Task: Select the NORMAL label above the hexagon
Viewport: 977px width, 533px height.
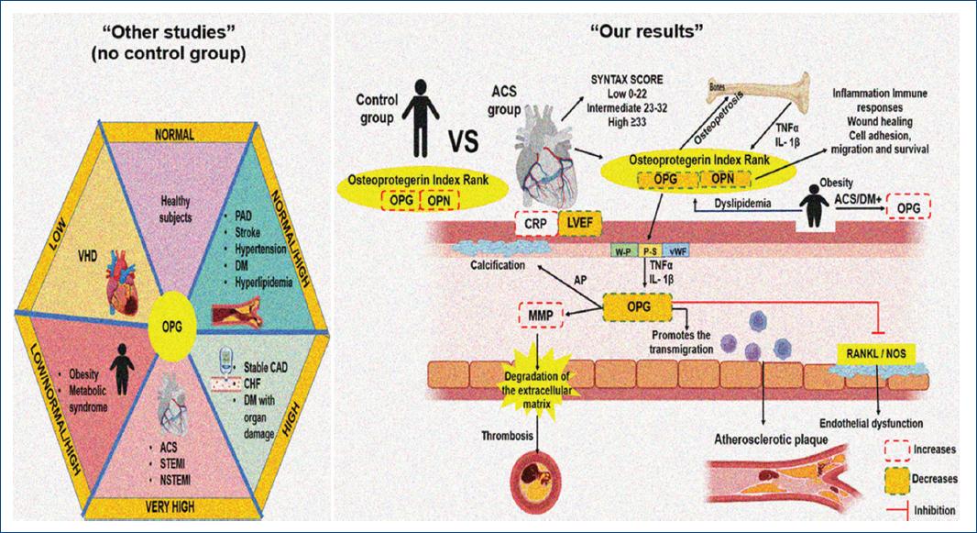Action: coord(173,134)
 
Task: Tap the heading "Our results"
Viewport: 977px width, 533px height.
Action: coord(646,29)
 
